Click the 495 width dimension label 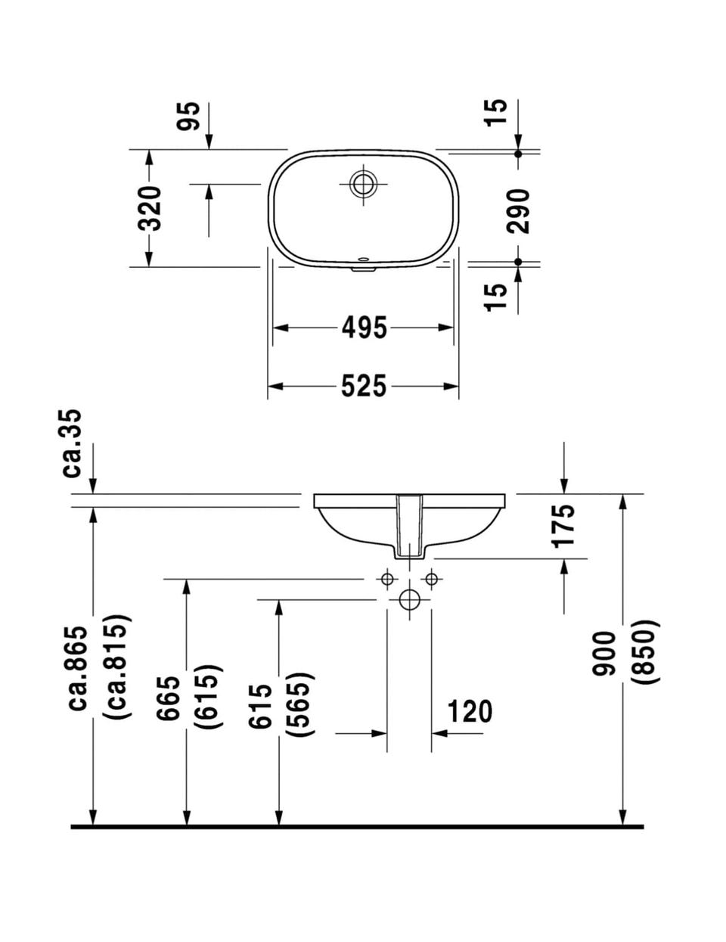coord(364,328)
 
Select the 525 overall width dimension coord(364,386)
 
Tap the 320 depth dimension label coord(150,207)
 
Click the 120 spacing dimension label coord(469,711)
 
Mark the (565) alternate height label coord(301,704)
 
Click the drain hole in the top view coord(363,183)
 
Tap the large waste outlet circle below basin coord(410,599)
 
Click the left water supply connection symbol coord(387,580)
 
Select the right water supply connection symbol coord(432,580)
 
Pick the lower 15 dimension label coord(496,296)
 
